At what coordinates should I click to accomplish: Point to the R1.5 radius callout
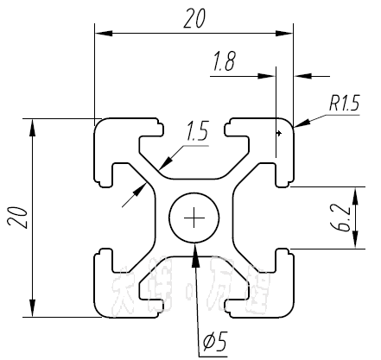coord(343,104)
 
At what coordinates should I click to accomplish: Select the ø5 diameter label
coord(213,342)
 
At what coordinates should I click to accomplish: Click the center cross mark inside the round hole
coord(195,218)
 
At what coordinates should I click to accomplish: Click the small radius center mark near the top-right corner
coord(278,133)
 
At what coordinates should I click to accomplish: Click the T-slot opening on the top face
coord(195,125)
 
